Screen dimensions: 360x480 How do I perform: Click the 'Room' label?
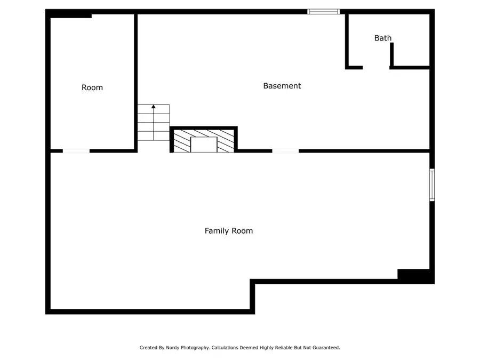pos(92,87)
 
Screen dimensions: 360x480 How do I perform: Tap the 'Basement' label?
pos(282,86)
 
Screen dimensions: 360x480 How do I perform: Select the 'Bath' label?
pos(382,38)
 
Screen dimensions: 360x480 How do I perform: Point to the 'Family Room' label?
pos(229,231)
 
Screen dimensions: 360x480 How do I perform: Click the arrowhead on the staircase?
pos(154,107)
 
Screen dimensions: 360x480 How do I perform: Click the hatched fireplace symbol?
pos(204,140)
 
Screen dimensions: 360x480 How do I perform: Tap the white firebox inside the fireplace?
pos(204,145)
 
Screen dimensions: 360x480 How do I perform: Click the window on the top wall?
pos(323,11)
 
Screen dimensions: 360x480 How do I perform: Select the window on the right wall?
pos(432,185)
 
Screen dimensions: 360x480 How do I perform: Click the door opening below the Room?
pos(76,151)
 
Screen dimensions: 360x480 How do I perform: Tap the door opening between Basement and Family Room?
pos(285,151)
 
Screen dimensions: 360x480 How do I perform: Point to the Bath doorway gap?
pos(376,68)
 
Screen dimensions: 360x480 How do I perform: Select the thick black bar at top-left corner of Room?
pos(70,15)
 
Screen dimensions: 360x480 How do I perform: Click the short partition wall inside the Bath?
pos(391,54)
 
